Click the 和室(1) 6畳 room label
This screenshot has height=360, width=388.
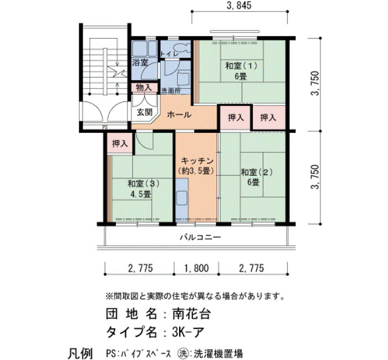point(241,71)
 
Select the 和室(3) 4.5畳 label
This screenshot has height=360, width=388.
point(144,188)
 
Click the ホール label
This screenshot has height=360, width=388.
point(179,115)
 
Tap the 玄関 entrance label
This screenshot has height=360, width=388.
point(145,112)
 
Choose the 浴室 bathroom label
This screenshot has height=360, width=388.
point(140,62)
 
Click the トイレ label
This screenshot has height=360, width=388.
point(170,54)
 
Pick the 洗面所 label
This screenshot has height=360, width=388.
point(171,91)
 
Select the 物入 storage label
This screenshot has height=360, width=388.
point(144,88)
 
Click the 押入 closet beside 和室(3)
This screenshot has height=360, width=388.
point(120,143)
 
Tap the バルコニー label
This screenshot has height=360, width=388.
point(200,238)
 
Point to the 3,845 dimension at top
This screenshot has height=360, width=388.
point(239,6)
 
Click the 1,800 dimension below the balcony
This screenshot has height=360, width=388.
point(196,268)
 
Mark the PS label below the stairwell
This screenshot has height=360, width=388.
point(105,127)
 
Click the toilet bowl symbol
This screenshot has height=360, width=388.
point(182,48)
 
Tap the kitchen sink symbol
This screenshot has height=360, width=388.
point(182,198)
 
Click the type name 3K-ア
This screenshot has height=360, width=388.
point(188,332)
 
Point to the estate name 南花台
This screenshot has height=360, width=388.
point(191,314)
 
